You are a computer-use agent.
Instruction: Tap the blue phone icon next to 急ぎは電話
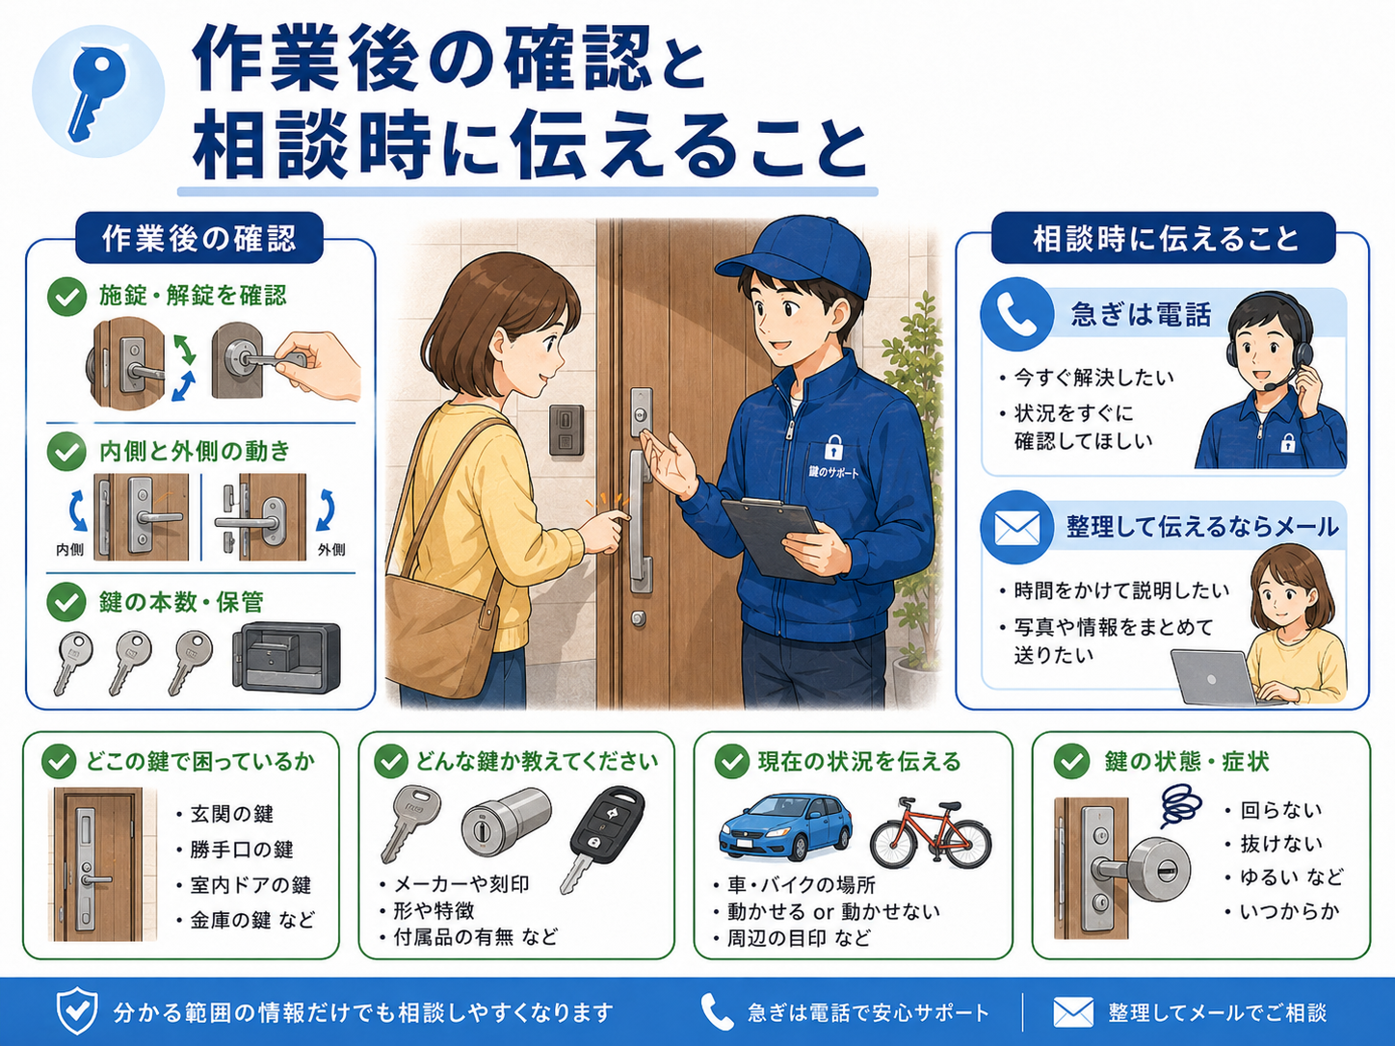pos(1016,314)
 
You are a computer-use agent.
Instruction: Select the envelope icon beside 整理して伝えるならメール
pos(1016,527)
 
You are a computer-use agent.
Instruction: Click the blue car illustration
pos(786,826)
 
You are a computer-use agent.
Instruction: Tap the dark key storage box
pos(286,657)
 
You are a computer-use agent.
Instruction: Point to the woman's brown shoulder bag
pos(438,629)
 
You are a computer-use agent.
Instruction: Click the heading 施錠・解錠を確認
pos(194,296)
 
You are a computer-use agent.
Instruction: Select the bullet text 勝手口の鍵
pos(242,850)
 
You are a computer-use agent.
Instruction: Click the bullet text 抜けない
pos(1281,844)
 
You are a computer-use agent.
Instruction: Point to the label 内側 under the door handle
pos(70,550)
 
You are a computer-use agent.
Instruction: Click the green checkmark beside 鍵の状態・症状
pos(1072,762)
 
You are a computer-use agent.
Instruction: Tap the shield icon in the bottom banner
pos(77,1011)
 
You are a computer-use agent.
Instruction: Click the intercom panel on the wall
pos(566,430)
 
